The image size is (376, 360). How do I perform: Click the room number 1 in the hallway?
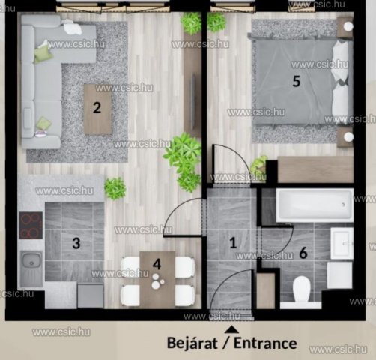pos(233,243)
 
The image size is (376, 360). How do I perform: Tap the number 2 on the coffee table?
pos(97,108)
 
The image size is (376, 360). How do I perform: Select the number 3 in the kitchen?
pos(76,243)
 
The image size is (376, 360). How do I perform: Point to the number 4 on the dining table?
pos(157,264)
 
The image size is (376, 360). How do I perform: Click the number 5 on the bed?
pos(296,81)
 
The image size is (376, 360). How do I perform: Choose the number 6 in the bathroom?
pos(303,253)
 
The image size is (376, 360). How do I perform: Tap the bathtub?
pos(315,205)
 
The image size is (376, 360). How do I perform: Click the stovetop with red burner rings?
pos(31,225)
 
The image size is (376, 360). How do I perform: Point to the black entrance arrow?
pos(231,329)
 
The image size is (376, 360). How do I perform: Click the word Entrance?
pos(265,343)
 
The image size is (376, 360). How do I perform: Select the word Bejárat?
pos(192,343)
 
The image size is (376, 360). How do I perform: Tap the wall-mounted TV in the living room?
pos(193,100)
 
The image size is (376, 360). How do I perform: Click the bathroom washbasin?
pos(342,243)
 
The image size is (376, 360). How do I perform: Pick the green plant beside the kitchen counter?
pos(115,188)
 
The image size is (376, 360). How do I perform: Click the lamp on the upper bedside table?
pos(348,26)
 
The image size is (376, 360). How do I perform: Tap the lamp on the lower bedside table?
pos(348,137)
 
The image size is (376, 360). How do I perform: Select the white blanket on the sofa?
pos(72,27)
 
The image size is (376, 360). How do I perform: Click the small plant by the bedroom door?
pos(258,164)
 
